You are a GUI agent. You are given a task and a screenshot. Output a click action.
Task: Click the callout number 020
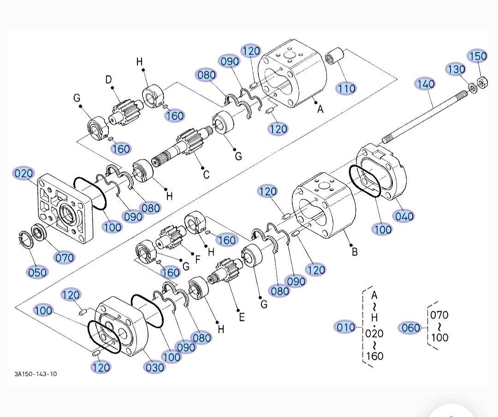pos(24,173)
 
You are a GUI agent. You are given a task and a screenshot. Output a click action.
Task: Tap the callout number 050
pos(37,272)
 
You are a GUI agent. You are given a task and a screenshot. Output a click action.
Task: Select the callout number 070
pos(65,257)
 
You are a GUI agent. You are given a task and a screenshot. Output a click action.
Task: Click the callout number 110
pos(346,88)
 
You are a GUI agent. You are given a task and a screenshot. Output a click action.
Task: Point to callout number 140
pos(425,84)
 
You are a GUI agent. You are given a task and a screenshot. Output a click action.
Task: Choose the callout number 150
pos(478,56)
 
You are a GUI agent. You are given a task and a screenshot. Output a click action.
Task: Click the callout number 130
pos(456,69)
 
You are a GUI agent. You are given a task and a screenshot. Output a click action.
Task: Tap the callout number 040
pos(404,216)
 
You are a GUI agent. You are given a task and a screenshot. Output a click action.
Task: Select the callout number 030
pos(154,368)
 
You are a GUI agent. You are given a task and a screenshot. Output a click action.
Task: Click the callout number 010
pos(345,327)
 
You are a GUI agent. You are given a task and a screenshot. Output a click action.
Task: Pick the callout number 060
pos(411,327)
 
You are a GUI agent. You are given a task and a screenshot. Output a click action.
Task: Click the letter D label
pos(109,79)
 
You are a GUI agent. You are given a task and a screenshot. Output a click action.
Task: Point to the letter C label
pos(206,175)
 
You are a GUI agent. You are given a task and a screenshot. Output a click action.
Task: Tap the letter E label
pos(242,317)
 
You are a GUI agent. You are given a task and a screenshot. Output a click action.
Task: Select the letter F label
pos(197,259)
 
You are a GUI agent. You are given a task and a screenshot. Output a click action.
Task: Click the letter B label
pos(355,252)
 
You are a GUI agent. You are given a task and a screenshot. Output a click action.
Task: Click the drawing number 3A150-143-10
pos(36,374)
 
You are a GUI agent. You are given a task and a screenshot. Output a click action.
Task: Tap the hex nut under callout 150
pos(482,83)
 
